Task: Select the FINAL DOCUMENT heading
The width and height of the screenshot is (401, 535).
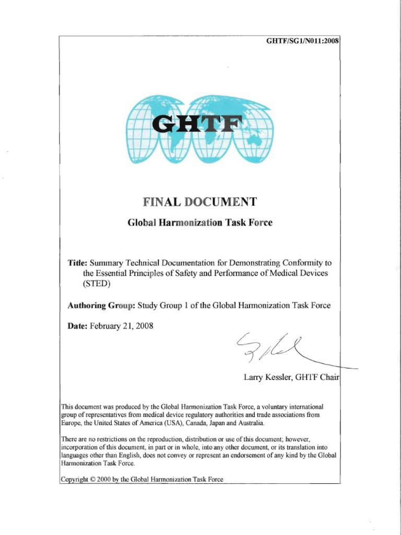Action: (200, 202)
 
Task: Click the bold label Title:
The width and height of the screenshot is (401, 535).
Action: (78, 262)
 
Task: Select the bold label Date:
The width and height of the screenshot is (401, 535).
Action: (78, 326)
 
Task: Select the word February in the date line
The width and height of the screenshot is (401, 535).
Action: (108, 326)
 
